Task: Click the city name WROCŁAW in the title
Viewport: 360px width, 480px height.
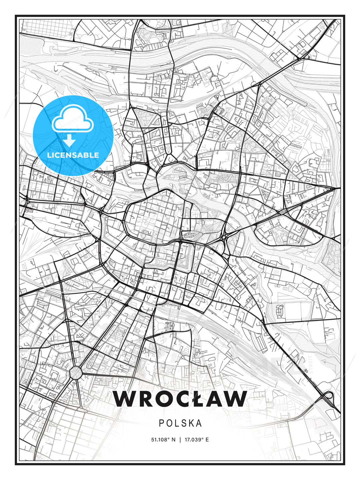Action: coord(180,399)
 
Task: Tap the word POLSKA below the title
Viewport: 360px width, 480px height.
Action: coord(180,423)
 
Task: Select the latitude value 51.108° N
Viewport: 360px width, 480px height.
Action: coord(163,440)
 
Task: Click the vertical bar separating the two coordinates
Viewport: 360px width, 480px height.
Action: coord(180,440)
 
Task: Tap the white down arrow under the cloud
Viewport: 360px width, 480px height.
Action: coord(69,140)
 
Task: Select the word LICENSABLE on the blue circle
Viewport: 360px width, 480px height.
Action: coord(73,155)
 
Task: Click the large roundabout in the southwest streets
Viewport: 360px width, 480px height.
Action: coord(76,372)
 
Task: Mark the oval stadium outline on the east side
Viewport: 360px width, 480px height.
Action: coord(280,311)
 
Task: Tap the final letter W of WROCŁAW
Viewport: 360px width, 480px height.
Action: coord(235,399)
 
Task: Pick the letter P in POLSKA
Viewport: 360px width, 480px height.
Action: coord(161,423)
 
